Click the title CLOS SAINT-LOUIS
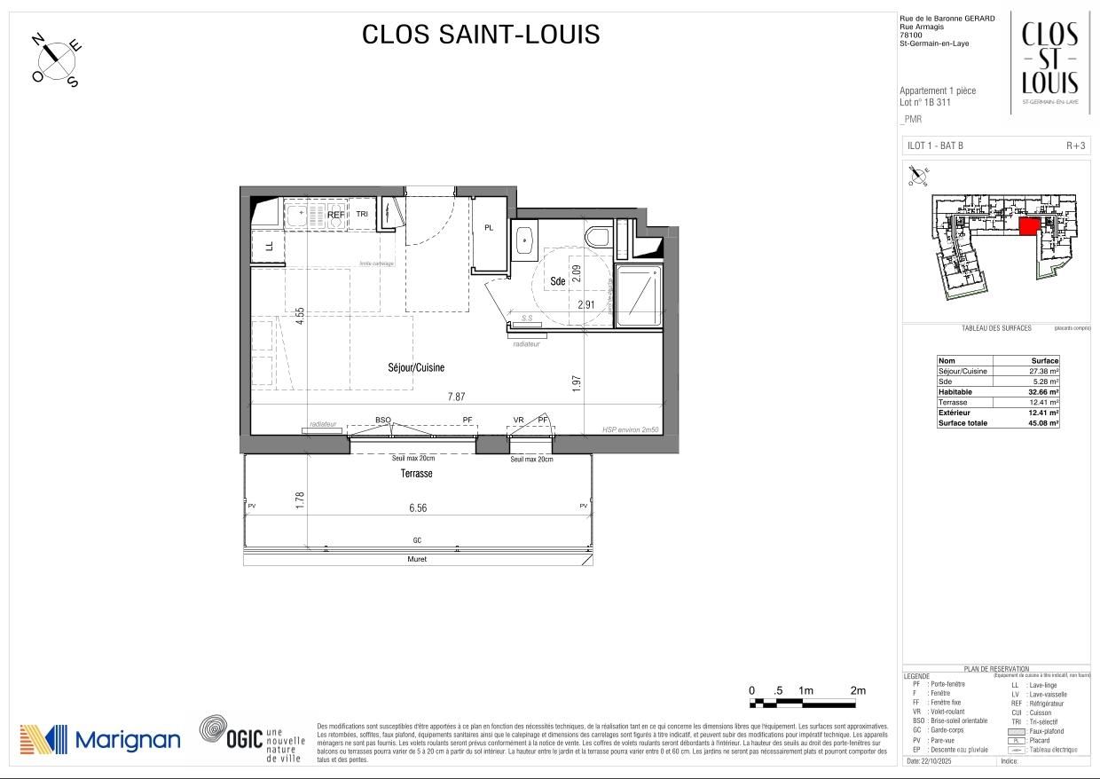(x=481, y=35)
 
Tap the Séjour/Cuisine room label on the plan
(x=415, y=367)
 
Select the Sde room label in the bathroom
(x=557, y=281)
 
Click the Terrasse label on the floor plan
(x=415, y=474)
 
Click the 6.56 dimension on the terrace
(x=418, y=508)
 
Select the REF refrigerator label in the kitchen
(x=335, y=215)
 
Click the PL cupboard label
(x=488, y=228)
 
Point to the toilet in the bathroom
(x=599, y=237)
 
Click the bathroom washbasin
(x=525, y=239)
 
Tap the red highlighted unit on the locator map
(x=1028, y=226)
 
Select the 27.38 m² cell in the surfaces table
(x=1042, y=372)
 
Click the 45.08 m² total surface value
(x=1042, y=423)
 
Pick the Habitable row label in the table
(x=955, y=392)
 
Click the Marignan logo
(x=100, y=739)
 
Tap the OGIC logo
(x=252, y=738)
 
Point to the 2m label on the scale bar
(x=857, y=690)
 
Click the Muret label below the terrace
(x=417, y=560)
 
